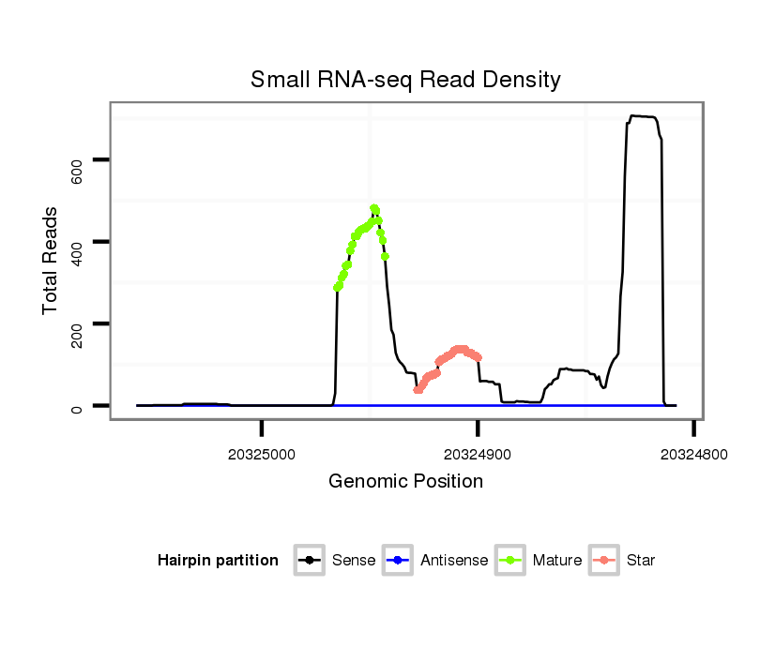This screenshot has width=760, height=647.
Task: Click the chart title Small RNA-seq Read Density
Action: coord(405,80)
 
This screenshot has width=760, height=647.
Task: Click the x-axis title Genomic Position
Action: coord(405,482)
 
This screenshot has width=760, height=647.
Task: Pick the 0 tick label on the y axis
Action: coord(77,409)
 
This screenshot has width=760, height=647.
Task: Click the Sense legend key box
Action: coord(309,561)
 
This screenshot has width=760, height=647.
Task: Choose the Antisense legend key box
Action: coord(397,561)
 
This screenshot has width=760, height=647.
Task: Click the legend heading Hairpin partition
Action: coord(218,561)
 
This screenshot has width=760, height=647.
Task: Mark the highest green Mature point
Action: coord(374,208)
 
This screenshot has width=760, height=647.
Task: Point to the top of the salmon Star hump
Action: coord(460,349)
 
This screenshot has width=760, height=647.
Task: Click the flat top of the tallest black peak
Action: coord(643,116)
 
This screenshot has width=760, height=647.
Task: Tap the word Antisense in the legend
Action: coord(454,561)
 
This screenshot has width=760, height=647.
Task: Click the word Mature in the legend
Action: coord(557,561)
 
